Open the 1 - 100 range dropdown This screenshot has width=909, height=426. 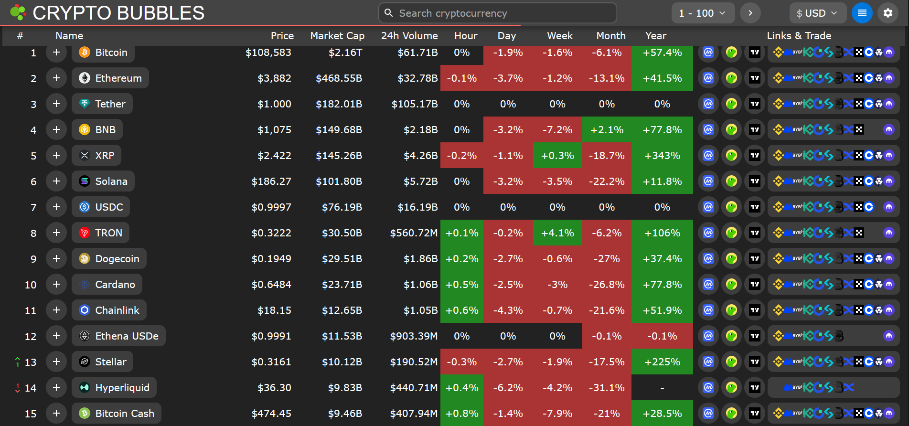702,13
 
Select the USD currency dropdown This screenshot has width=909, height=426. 817,13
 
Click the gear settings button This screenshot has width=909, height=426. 888,13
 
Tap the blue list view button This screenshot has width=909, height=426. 862,13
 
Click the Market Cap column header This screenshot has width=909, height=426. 337,36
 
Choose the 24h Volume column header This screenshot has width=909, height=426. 409,36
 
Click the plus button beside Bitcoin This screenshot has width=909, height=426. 56,53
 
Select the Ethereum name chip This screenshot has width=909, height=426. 110,78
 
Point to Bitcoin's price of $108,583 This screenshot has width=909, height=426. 268,53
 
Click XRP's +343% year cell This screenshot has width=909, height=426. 662,156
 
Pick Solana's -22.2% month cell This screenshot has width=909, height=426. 607,181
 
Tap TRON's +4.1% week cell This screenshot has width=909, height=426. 557,233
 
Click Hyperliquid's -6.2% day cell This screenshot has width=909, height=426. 508,388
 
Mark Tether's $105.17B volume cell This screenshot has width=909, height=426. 414,104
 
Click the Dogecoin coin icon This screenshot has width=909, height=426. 85,259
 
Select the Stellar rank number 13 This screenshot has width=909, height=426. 31,362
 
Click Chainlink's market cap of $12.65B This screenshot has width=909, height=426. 342,310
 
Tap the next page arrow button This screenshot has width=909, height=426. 750,13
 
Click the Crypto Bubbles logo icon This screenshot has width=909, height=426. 18,12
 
